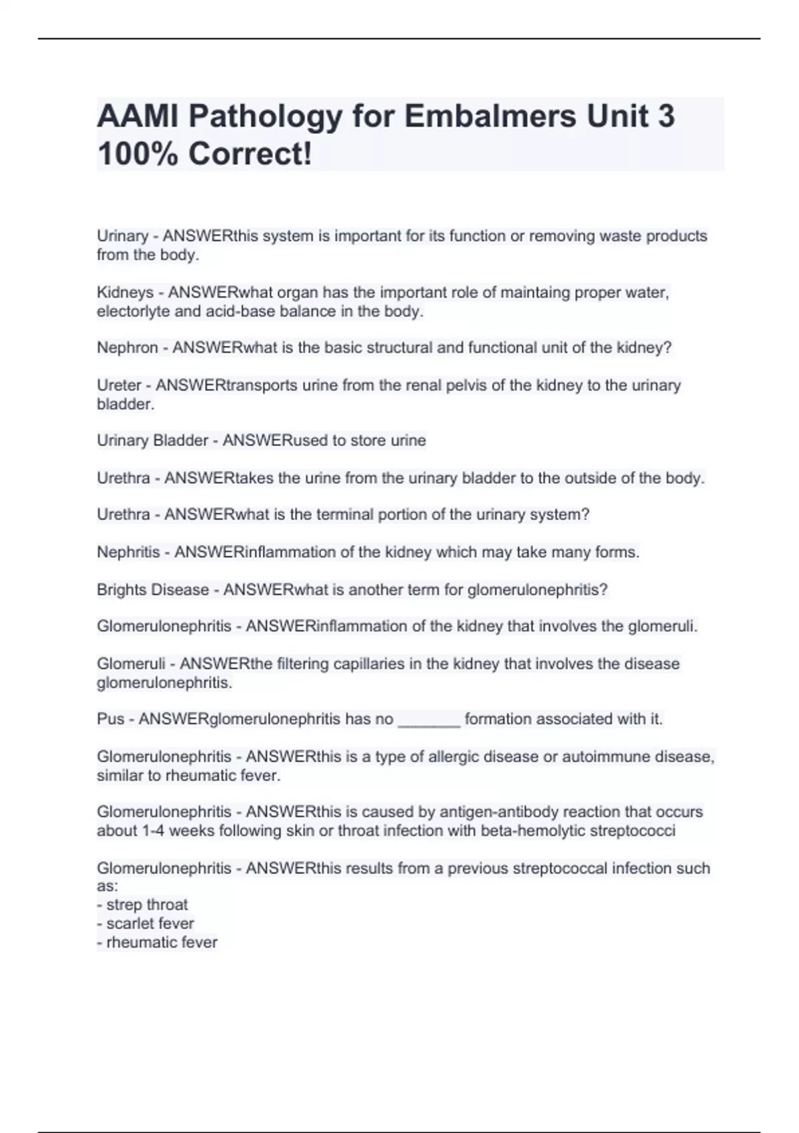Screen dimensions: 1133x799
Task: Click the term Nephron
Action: [127, 348]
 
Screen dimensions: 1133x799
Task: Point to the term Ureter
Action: [119, 385]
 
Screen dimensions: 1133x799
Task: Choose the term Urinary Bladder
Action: [152, 441]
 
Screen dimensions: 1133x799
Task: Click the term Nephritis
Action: [129, 553]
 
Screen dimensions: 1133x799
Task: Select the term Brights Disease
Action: [152, 590]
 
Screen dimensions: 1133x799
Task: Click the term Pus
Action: [111, 719]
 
